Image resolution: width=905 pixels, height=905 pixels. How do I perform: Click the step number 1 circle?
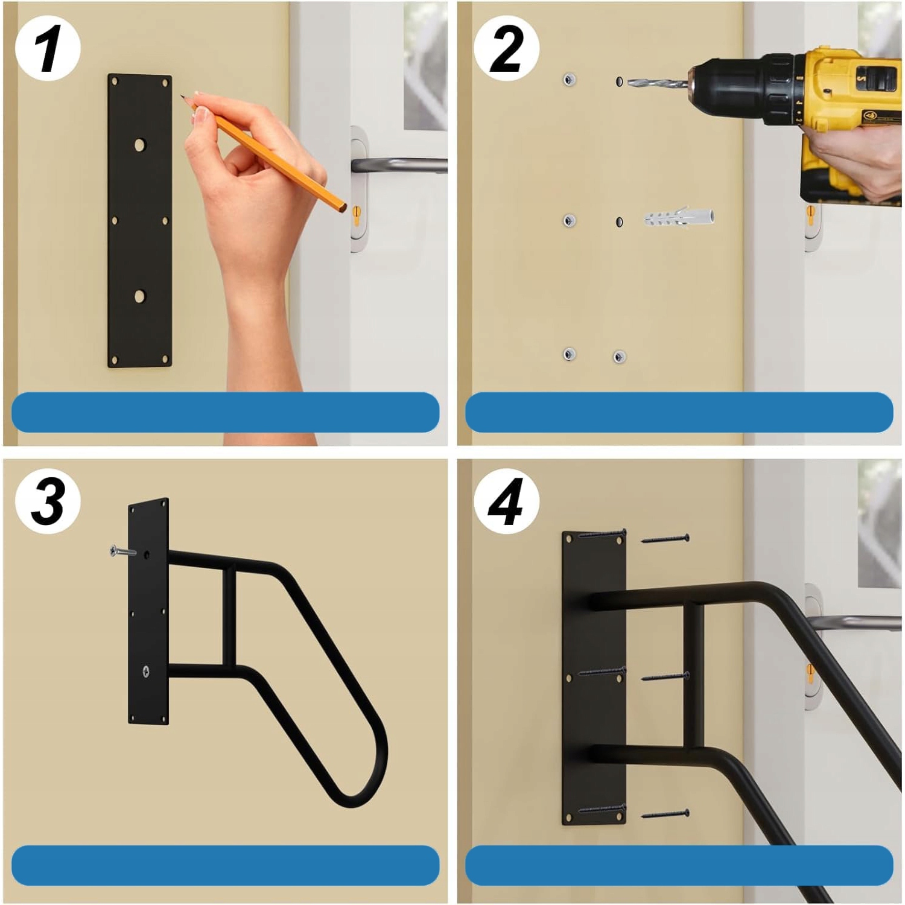click(48, 49)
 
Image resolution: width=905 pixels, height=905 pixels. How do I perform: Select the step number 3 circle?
click(48, 501)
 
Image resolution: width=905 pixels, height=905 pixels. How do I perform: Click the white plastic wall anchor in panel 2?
click(679, 217)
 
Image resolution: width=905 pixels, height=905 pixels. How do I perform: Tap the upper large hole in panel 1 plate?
click(140, 145)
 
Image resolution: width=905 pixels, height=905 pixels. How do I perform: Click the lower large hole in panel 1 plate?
click(140, 297)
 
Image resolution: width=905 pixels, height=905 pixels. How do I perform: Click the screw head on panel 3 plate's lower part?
click(145, 671)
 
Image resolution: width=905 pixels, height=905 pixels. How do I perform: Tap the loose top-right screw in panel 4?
click(665, 538)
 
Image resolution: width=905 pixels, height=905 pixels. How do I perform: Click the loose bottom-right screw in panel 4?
click(665, 815)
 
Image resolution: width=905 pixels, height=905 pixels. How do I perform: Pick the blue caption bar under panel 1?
click(226, 412)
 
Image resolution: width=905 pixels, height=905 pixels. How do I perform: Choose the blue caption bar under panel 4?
click(679, 865)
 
